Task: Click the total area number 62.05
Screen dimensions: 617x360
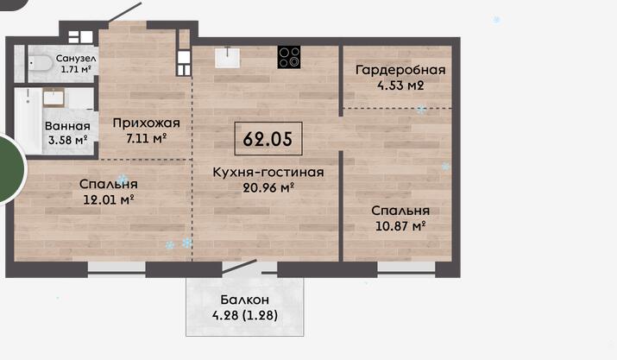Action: [268, 139]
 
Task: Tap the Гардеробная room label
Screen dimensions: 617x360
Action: [400, 70]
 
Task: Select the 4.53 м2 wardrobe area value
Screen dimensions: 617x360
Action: [400, 85]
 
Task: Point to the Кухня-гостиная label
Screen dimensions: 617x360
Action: [268, 172]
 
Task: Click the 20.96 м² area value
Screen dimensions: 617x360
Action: [268, 188]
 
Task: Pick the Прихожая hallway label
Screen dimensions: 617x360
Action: [147, 123]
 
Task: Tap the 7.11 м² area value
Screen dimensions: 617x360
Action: [147, 138]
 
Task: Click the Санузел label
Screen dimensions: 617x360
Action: [76, 59]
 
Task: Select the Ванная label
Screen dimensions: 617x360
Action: [67, 126]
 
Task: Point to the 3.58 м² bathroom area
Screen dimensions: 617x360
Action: [67, 140]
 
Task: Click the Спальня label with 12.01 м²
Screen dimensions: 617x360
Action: [109, 184]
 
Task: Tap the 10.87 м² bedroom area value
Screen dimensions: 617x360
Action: [400, 226]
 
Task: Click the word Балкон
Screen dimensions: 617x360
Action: [245, 300]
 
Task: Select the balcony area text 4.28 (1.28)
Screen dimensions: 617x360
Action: [245, 315]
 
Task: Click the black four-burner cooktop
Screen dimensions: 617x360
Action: [289, 57]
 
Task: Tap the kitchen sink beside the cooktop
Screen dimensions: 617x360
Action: [228, 58]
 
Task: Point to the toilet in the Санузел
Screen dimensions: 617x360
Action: [41, 63]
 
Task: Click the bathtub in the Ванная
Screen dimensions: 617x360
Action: [28, 121]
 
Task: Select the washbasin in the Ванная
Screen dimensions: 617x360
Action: [54, 98]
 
